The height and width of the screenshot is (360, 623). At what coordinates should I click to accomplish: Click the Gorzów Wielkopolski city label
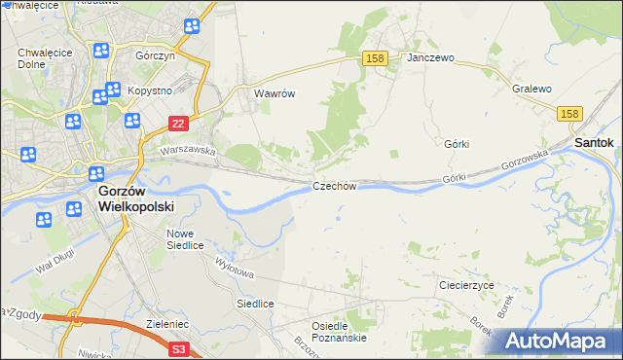(x=136, y=199)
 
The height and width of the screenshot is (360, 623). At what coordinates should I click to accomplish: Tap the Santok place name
(x=594, y=142)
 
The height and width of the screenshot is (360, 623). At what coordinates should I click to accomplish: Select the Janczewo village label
(x=431, y=58)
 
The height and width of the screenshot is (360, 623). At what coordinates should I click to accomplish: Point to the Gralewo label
(x=531, y=89)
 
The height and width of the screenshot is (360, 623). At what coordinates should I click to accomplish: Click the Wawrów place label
(x=274, y=94)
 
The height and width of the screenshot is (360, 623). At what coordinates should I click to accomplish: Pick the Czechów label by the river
(x=335, y=186)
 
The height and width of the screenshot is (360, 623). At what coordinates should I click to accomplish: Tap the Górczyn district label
(x=154, y=56)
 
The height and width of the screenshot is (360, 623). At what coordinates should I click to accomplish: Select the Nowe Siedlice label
(x=185, y=239)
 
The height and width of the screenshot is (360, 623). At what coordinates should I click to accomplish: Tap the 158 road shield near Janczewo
(x=376, y=59)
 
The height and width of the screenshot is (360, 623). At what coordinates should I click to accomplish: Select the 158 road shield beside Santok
(x=571, y=115)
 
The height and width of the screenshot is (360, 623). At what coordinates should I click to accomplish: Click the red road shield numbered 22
(x=177, y=124)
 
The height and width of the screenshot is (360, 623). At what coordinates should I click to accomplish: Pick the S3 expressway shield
(x=178, y=347)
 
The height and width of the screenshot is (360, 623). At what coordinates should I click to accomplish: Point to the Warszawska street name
(x=187, y=151)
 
